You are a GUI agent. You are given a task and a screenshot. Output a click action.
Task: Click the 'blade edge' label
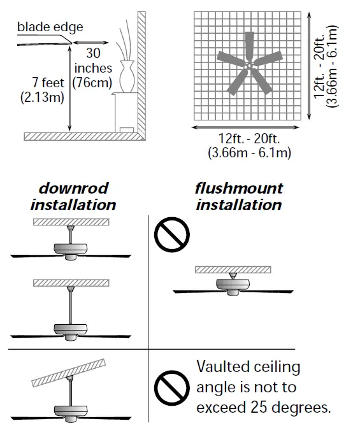[50, 27]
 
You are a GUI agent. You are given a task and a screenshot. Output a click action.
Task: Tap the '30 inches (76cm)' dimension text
[92, 68]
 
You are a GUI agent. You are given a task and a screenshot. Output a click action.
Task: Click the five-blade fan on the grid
[249, 64]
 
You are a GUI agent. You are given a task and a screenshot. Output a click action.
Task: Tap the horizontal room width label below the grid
[249, 146]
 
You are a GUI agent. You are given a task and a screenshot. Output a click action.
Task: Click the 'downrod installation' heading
[73, 197]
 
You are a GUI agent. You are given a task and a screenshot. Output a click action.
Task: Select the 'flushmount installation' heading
[238, 197]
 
